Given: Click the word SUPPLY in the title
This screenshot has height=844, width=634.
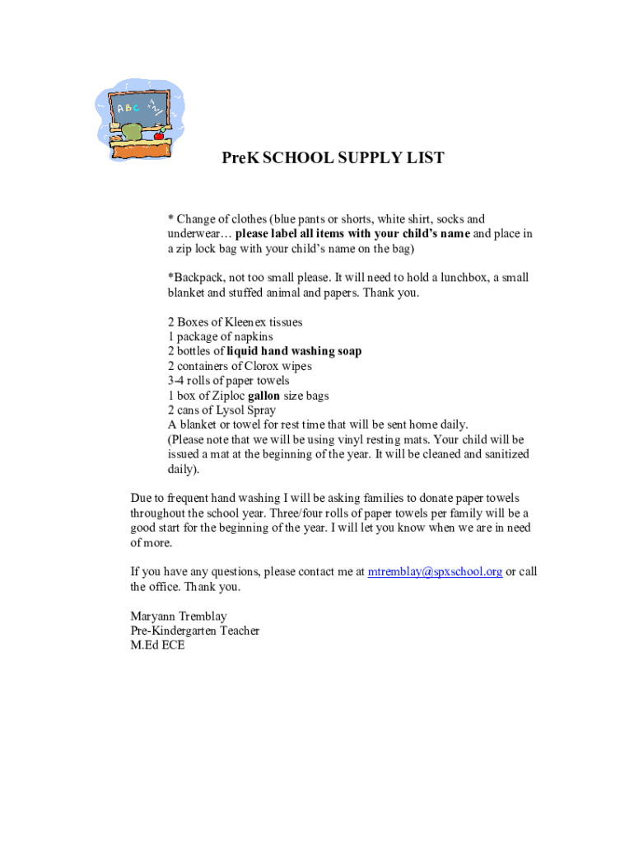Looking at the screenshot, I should pyautogui.click(x=357, y=158).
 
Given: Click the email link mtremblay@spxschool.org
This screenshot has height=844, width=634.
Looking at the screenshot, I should pyautogui.click(x=435, y=572).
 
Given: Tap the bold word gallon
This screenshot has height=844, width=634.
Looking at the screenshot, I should pyautogui.click(x=263, y=396).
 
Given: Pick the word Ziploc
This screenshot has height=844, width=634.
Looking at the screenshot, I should pyautogui.click(x=226, y=396).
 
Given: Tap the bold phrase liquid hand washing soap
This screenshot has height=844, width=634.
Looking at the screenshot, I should pyautogui.click(x=294, y=351).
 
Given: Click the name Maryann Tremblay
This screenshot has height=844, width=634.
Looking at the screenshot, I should pyautogui.click(x=179, y=617).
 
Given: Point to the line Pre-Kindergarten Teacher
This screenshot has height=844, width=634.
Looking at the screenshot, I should pyautogui.click(x=195, y=631).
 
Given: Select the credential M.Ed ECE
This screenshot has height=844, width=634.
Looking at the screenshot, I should pyautogui.click(x=158, y=646).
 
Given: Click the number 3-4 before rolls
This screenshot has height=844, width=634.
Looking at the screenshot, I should pyautogui.click(x=179, y=381).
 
